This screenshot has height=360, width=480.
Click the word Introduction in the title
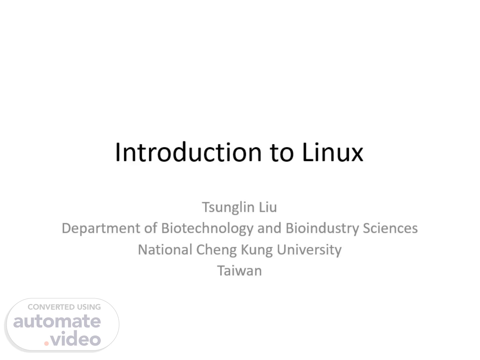[x=188, y=152]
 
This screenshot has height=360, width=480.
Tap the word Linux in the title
[x=333, y=152]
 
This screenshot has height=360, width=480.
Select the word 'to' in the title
[x=282, y=153]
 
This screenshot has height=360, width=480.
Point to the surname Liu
[x=268, y=207]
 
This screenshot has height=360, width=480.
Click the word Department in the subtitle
[x=101, y=229]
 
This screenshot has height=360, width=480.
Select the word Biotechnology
[x=207, y=229]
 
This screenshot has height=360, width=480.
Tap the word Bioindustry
[x=322, y=229]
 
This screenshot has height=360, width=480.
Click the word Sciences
[x=390, y=228]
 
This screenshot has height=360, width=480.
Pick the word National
[x=165, y=250]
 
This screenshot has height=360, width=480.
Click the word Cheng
[x=216, y=250]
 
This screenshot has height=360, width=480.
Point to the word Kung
[x=257, y=250]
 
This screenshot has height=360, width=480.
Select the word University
[x=309, y=250]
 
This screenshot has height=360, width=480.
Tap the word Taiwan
[x=239, y=271]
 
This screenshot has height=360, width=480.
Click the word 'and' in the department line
[x=269, y=228]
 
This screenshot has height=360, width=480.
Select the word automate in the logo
[x=57, y=321]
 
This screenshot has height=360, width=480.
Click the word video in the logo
[x=76, y=338]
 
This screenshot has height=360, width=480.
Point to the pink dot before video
[x=46, y=344]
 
